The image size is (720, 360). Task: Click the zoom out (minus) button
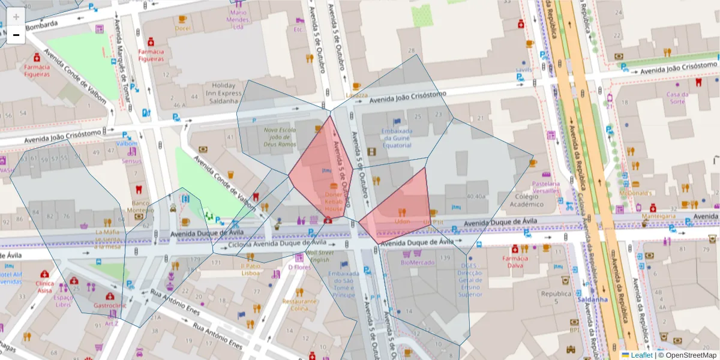tap(16, 35)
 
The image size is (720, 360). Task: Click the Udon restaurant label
tap(401, 221)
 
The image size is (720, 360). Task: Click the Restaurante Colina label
tap(299, 305)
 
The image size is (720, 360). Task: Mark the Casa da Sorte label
tap(677, 98)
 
